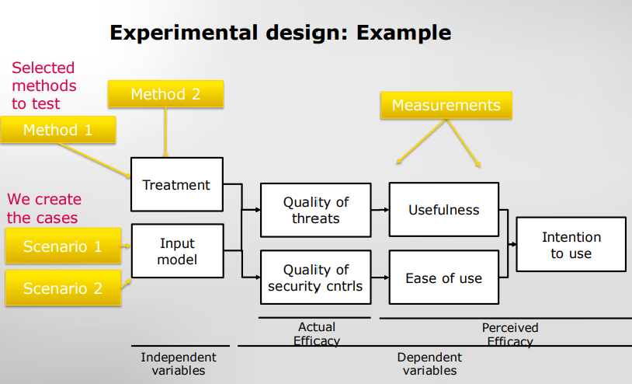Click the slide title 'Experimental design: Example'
click(280, 33)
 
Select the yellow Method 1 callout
click(58, 130)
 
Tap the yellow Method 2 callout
click(165, 94)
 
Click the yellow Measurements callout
click(446, 105)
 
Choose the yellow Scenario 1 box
click(63, 246)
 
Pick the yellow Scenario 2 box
click(63, 288)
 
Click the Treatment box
click(176, 185)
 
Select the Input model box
click(176, 251)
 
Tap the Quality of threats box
click(315, 210)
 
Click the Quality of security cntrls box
click(315, 278)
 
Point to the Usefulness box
click(443, 210)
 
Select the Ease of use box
click(443, 278)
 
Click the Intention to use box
click(571, 245)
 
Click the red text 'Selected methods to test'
click(44, 86)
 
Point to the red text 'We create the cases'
click(44, 208)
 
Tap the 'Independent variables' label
click(179, 364)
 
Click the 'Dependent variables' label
click(429, 364)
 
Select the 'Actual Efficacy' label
click(316, 333)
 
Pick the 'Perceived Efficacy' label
click(509, 334)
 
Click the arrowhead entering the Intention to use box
click(512, 244)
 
